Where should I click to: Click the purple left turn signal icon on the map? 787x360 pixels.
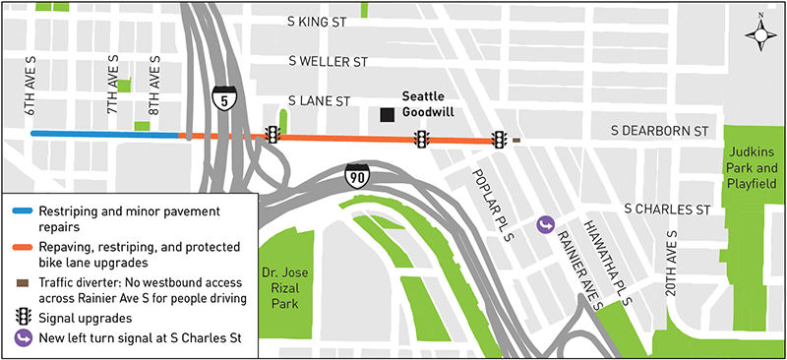[x=545, y=225]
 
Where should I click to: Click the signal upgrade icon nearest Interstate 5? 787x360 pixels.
[x=272, y=136]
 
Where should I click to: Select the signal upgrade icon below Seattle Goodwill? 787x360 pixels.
[x=422, y=140]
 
